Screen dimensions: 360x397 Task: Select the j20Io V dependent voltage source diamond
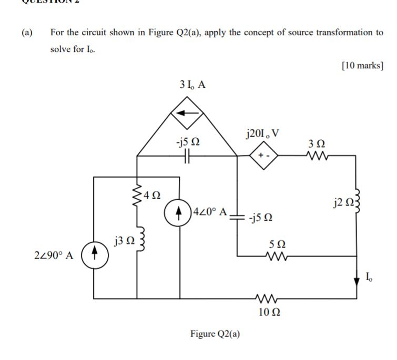[x=262, y=156]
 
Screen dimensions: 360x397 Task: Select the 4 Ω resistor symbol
[x=138, y=196]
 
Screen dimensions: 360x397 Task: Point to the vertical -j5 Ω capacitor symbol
[x=237, y=217]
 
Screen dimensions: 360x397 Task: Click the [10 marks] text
[x=362, y=66]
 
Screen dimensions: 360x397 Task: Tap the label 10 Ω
[x=269, y=312]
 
